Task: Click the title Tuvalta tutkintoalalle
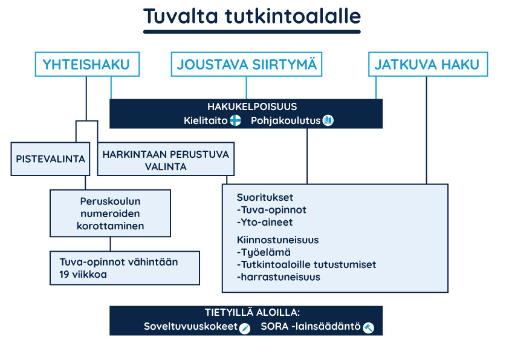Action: tap(252, 16)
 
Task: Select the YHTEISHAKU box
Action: tap(87, 64)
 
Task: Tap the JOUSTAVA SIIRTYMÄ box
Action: tap(247, 64)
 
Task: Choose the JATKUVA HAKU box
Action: tap(428, 64)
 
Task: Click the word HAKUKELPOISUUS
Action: tap(252, 106)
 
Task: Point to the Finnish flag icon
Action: tap(235, 120)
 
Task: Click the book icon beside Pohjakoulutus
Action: tap(328, 120)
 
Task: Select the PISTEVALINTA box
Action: tap(50, 159)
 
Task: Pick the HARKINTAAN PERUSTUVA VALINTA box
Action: tap(166, 159)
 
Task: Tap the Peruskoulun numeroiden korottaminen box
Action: tap(111, 213)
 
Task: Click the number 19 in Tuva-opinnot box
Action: tap(64, 275)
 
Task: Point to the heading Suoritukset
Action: tap(265, 197)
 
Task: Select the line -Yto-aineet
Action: tap(265, 222)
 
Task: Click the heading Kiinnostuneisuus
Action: tap(278, 240)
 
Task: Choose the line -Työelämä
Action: tap(264, 252)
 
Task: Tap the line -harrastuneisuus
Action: tap(279, 277)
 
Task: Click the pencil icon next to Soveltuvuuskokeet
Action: tap(244, 328)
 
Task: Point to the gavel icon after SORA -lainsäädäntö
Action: tap(368, 328)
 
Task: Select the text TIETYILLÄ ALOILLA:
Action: tap(252, 313)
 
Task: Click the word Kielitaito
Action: tap(206, 120)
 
